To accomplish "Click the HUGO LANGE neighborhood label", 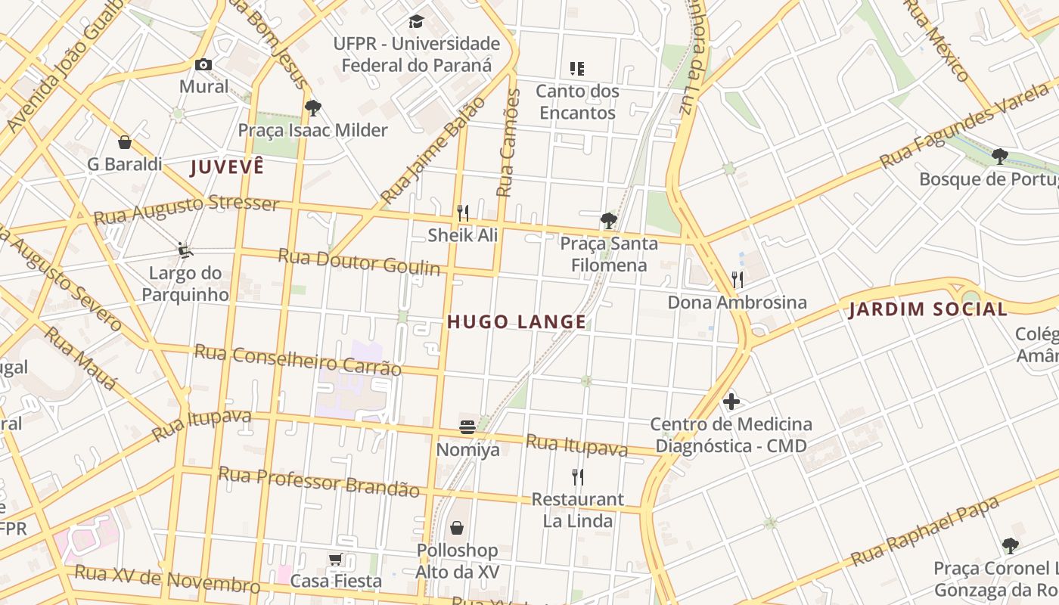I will (x=517, y=322).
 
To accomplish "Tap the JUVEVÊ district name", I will (x=227, y=167).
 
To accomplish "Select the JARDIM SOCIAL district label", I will (x=928, y=309).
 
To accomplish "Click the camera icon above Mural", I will (x=203, y=65).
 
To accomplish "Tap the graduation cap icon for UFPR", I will (x=416, y=21).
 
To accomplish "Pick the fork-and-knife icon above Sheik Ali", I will (x=463, y=213).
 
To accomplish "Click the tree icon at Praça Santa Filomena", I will (x=608, y=221).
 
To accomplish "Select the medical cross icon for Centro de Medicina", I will (x=731, y=402).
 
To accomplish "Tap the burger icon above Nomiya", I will (x=467, y=427).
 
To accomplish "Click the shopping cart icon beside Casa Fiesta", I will (x=336, y=560).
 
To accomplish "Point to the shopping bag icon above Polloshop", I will (x=457, y=527).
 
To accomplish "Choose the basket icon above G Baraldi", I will (x=125, y=142).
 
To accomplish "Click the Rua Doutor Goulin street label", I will (x=359, y=262).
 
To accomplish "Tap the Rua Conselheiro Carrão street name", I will (x=297, y=360).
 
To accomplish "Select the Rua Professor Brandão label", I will (x=318, y=481).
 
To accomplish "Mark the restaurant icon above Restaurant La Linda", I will (x=578, y=476).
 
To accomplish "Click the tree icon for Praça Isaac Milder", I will (x=313, y=108).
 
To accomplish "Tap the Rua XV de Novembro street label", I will (x=167, y=580).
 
